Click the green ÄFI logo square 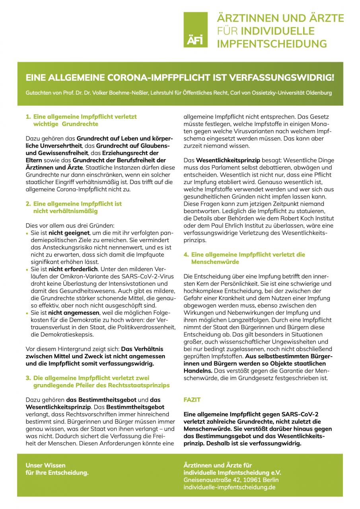pyautogui.click(x=195, y=30)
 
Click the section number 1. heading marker pyautogui.click(x=28, y=117)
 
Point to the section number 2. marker pyautogui.click(x=28, y=204)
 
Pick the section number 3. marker pyautogui.click(x=28, y=377)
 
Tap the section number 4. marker pyautogui.click(x=186, y=254)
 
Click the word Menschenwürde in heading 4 pyautogui.click(x=215, y=262)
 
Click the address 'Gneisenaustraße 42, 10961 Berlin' pyautogui.click(x=228, y=480)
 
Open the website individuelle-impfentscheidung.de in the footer pyautogui.click(x=229, y=487)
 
